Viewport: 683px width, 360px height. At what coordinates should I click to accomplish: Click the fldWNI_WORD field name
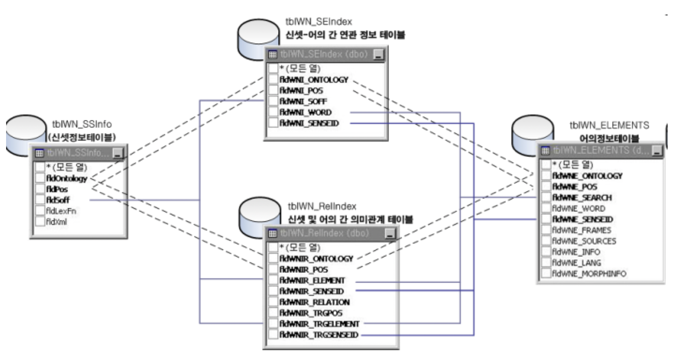click(x=305, y=112)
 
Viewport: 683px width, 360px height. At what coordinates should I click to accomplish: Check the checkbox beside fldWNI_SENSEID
click(x=273, y=123)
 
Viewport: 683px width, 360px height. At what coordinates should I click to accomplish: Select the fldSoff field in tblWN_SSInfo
click(x=58, y=200)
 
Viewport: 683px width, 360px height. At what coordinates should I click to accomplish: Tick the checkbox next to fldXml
click(x=39, y=222)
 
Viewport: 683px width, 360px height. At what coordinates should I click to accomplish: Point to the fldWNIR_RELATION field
click(x=314, y=302)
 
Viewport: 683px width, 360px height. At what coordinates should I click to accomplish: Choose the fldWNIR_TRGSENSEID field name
click(x=319, y=335)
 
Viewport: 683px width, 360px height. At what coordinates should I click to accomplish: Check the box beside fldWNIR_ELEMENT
click(x=273, y=281)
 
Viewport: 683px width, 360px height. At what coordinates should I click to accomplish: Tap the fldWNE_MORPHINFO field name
click(x=589, y=274)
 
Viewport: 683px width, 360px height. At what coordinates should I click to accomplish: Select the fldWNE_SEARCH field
click(x=582, y=198)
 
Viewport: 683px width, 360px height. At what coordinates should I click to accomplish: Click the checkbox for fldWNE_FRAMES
click(x=546, y=230)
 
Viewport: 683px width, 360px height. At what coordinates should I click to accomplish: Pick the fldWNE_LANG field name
click(x=576, y=263)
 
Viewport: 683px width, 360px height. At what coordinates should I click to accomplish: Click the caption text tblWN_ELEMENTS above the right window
click(x=609, y=125)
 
